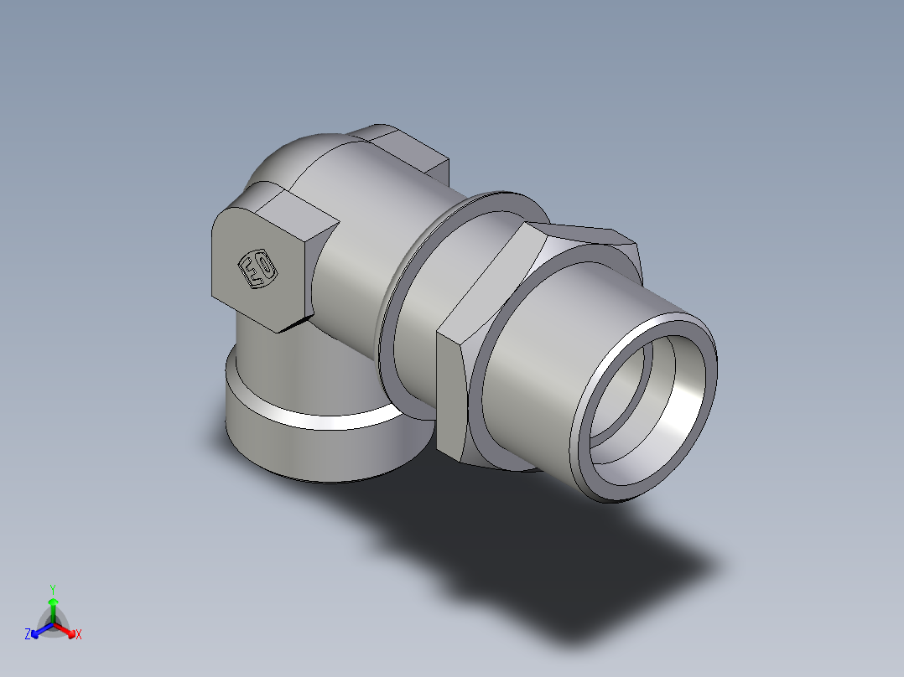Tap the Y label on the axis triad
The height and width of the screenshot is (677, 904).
point(53,588)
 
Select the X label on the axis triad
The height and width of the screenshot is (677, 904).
point(79,635)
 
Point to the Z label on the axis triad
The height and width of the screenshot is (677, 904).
point(28,635)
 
